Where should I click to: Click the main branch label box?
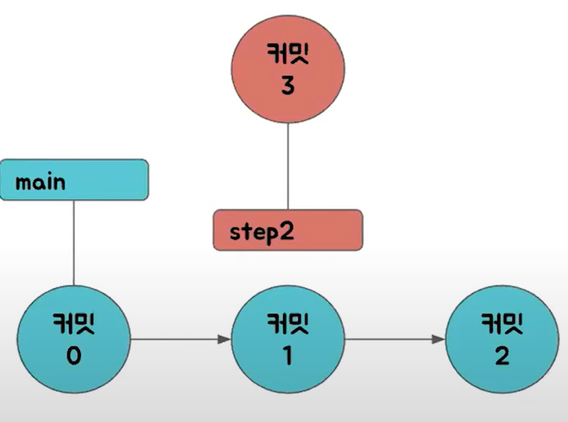pyautogui.click(x=74, y=180)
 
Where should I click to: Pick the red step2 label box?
pyautogui.click(x=287, y=230)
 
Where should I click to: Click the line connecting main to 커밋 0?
pyautogui.click(x=74, y=242)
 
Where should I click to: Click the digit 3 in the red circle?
pyautogui.click(x=287, y=86)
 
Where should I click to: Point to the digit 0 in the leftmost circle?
pyautogui.click(x=74, y=356)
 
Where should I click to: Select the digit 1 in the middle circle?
pyautogui.click(x=287, y=356)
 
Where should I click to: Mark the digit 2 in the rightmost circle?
pyautogui.click(x=501, y=356)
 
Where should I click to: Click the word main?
pyautogui.click(x=40, y=183)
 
